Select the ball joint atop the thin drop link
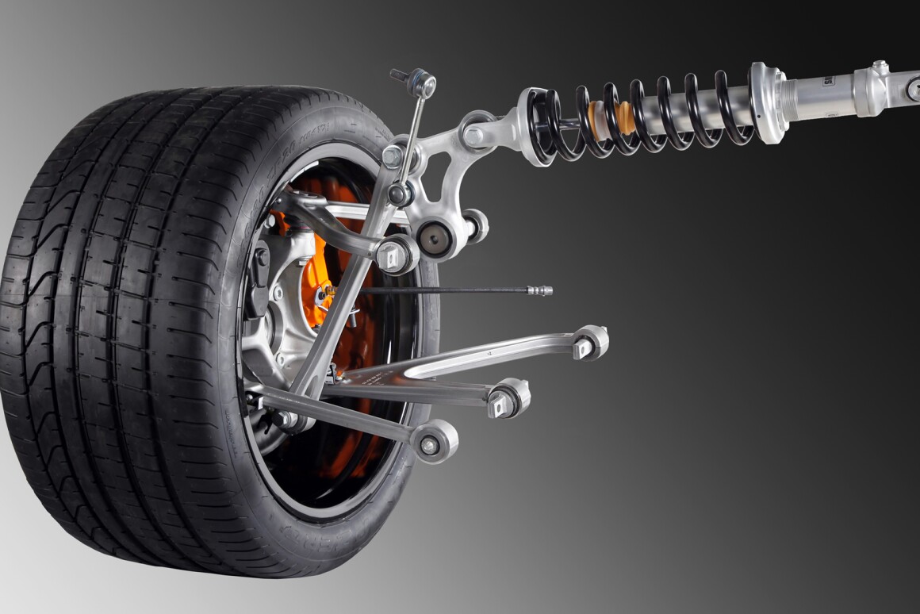tap(423, 83)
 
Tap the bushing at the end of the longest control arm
tap(590, 343)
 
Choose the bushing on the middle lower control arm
tap(508, 398)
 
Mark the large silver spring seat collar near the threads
tap(768, 103)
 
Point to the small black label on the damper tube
tap(827, 80)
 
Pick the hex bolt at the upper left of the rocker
tap(393, 156)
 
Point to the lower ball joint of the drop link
tap(401, 194)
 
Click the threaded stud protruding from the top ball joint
tap(399, 75)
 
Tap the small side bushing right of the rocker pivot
tap(475, 227)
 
